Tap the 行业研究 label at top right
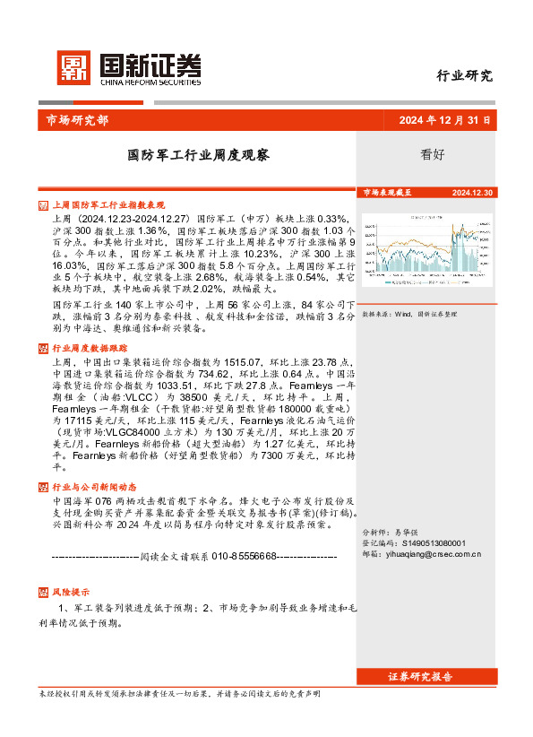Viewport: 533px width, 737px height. [464, 75]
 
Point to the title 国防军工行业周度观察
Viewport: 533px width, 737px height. [198, 154]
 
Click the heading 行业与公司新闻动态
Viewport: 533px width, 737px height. [96, 487]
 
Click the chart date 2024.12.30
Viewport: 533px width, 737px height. [473, 193]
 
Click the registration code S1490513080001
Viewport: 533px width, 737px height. [435, 543]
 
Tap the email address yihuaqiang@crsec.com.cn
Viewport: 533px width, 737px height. [434, 554]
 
